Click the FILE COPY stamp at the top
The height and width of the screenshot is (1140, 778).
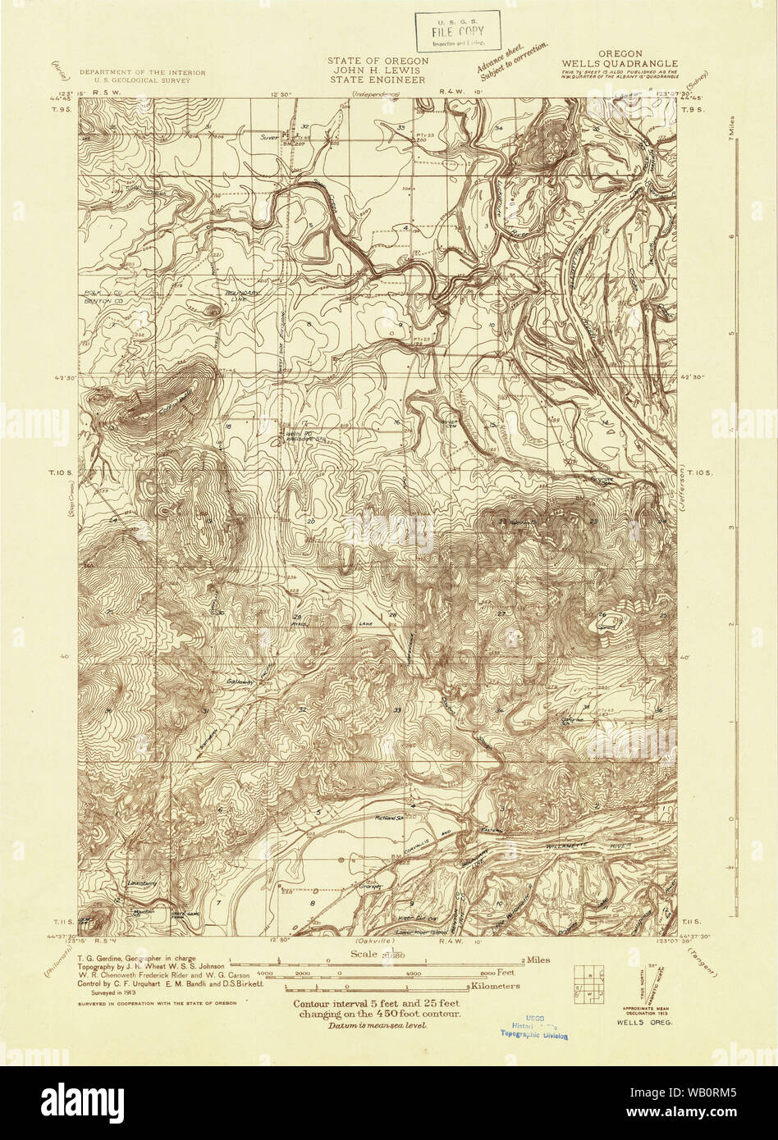pos(458,31)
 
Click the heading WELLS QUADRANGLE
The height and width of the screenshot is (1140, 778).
pos(620,63)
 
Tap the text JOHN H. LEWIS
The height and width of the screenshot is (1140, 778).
pos(378,71)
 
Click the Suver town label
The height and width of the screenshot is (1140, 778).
pos(270,136)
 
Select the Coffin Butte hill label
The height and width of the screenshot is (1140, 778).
pos(176,396)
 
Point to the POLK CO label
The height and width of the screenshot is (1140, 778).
pos(98,291)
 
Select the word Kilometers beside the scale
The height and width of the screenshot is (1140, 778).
pos(498,985)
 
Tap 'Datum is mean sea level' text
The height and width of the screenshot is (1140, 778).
pos(377,1026)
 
